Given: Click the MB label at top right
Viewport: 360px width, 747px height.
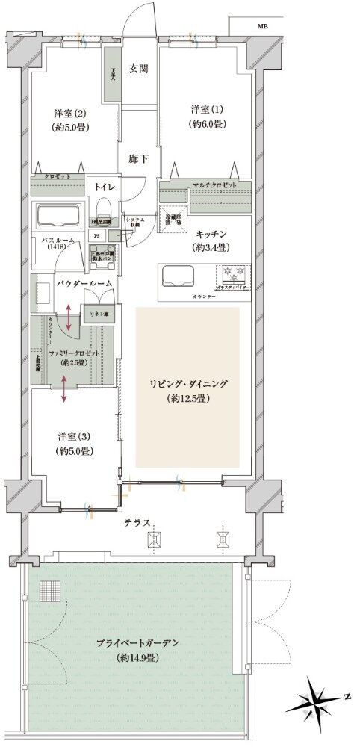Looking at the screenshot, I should pyautogui.click(x=263, y=26).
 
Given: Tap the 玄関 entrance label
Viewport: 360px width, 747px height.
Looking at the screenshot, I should pyautogui.click(x=138, y=69).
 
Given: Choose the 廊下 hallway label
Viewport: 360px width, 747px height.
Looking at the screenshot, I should pyautogui.click(x=137, y=159).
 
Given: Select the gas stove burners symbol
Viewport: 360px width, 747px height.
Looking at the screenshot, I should pyautogui.click(x=229, y=272).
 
